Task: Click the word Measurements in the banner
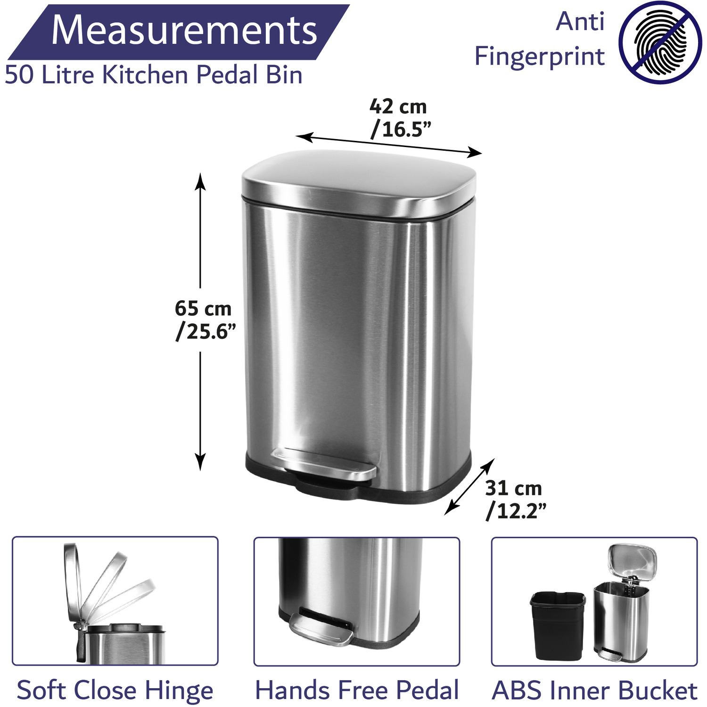(x=184, y=30)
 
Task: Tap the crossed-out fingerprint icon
(x=660, y=42)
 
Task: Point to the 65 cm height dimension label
(x=205, y=320)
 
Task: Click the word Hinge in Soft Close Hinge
(x=179, y=691)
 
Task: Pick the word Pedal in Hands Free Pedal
(x=427, y=690)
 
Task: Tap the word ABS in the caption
(x=517, y=691)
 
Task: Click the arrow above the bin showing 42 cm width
(x=389, y=144)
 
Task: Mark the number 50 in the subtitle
(x=20, y=74)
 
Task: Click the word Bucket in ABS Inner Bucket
(x=658, y=691)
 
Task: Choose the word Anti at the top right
(x=580, y=22)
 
